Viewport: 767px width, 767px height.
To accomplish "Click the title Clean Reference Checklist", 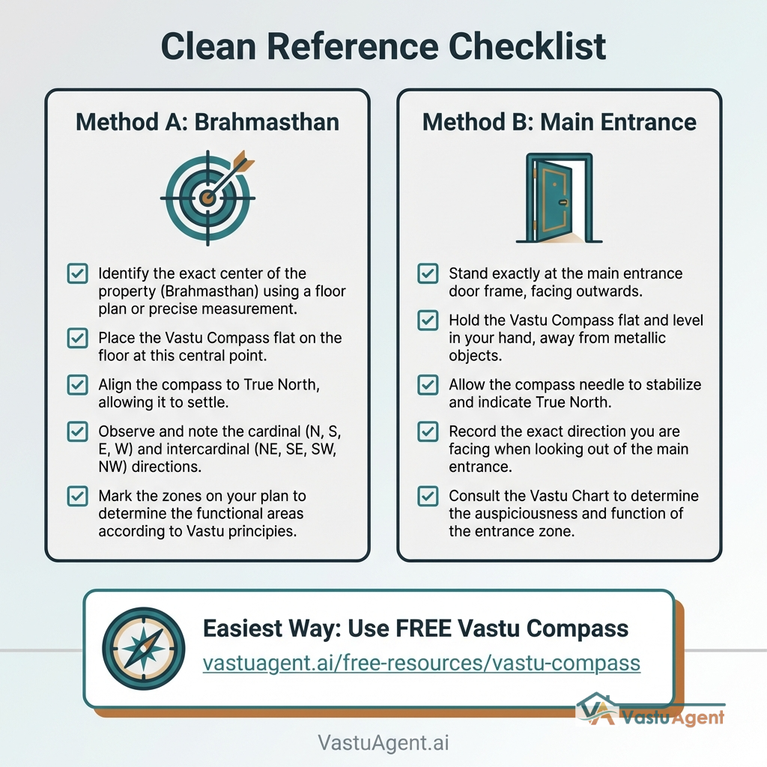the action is click(x=383, y=46).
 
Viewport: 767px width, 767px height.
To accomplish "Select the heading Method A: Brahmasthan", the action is click(x=207, y=122).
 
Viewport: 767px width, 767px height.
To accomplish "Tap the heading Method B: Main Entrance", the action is click(x=559, y=122).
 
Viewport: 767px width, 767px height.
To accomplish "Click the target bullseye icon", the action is click(x=208, y=198).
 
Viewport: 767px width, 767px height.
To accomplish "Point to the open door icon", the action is click(x=559, y=198).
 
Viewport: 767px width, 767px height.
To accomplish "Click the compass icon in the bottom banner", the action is click(x=143, y=649).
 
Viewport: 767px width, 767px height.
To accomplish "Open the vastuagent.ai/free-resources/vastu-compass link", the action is click(x=421, y=664).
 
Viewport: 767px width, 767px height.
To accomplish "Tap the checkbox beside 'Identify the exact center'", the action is click(x=77, y=273).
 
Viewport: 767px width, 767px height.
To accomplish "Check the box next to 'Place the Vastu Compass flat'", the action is click(x=77, y=338).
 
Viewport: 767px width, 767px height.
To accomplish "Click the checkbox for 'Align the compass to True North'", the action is click(x=77, y=385).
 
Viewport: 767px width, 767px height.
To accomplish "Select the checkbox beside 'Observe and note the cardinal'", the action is click(x=77, y=432).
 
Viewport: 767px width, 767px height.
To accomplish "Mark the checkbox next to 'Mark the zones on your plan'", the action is click(x=77, y=496).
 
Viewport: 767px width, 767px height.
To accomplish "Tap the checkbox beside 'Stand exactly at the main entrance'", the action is click(x=428, y=273).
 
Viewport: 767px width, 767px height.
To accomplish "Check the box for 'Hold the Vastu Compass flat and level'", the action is click(x=428, y=321).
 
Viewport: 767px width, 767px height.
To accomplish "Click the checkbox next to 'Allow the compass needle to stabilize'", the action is click(x=428, y=385).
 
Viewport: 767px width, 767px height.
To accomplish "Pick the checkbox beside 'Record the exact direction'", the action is click(x=428, y=432).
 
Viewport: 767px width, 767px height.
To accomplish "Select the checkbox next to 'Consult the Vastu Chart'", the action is click(x=428, y=496).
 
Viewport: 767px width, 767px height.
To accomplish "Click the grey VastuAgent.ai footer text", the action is click(x=383, y=742).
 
